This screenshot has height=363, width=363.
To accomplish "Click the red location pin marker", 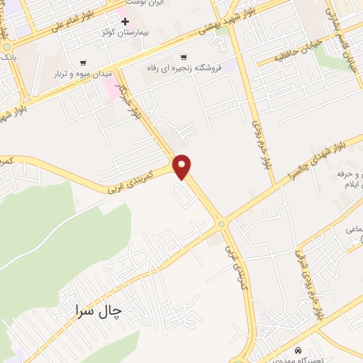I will [x=183, y=167].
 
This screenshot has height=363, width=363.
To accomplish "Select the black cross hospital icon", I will [x=125, y=21].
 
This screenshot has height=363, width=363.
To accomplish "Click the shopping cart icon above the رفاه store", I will [x=184, y=57].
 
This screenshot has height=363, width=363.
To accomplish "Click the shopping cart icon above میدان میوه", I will [x=84, y=62].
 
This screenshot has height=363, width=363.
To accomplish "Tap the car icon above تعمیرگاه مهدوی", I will [x=298, y=350].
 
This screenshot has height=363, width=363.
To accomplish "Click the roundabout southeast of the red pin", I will [x=221, y=225].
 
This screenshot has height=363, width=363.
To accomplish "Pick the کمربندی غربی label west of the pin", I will [x=131, y=182].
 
